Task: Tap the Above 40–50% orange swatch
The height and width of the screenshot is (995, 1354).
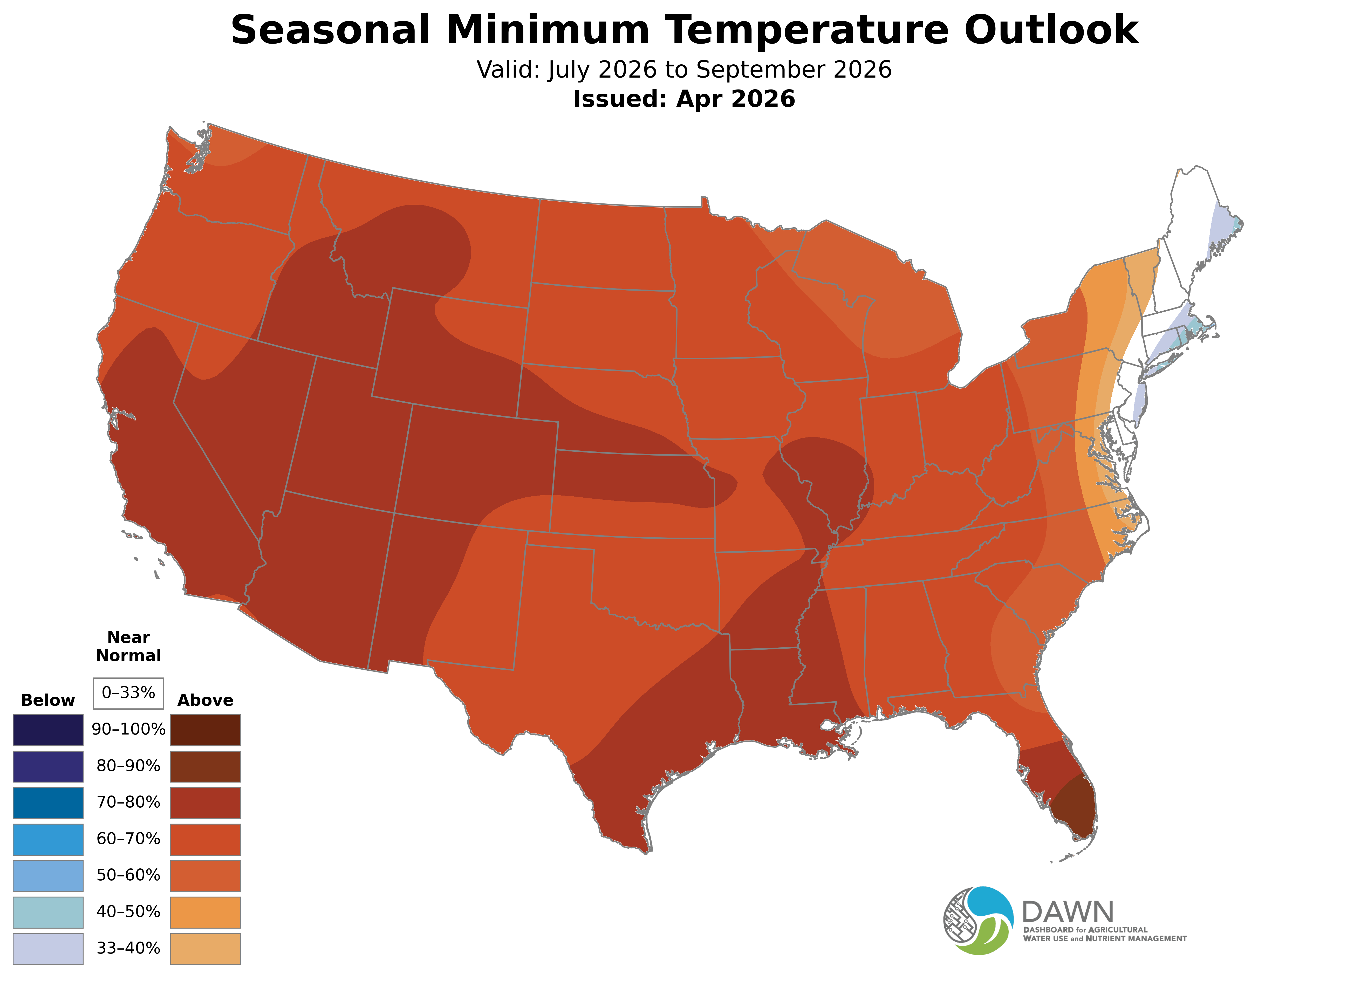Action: click(x=206, y=912)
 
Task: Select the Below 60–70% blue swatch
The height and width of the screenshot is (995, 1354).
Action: click(x=48, y=839)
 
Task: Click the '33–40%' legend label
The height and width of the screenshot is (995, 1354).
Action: click(x=128, y=948)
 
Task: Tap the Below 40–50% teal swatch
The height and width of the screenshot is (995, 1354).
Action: click(x=48, y=912)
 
